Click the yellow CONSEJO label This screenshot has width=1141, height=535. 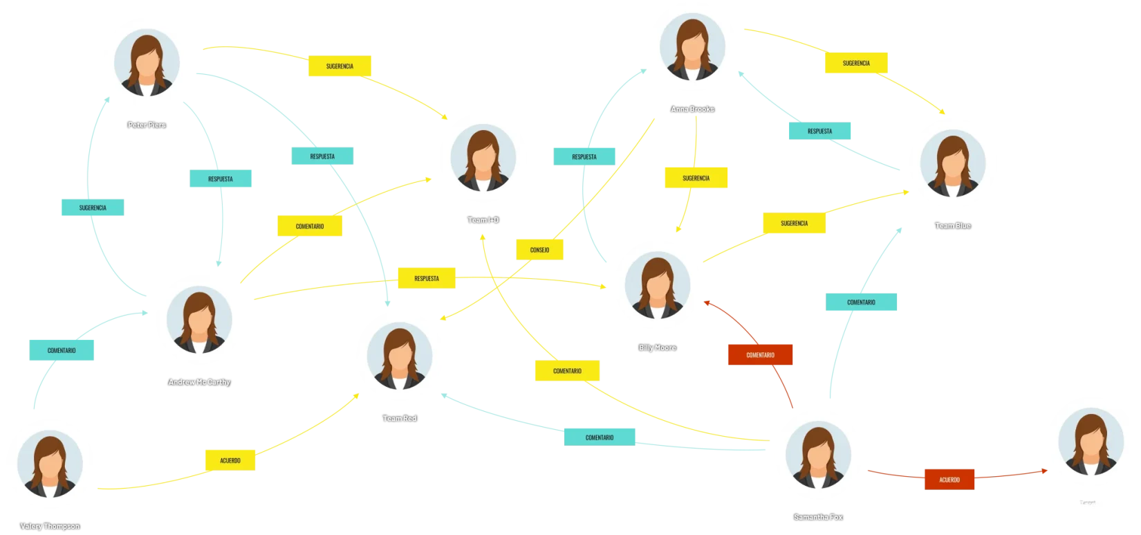coord(539,249)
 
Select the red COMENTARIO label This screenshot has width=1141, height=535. coord(760,355)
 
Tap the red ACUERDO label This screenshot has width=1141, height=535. coord(949,480)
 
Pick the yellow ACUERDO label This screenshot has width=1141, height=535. coord(231,460)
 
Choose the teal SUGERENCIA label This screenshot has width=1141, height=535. coord(93,208)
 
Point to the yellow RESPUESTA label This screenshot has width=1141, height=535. coord(427,278)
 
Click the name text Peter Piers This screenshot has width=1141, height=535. coord(147,125)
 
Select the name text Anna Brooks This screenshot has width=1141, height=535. coord(692,109)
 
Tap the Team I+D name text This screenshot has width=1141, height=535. coord(483,220)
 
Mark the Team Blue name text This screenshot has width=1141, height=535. coord(953,226)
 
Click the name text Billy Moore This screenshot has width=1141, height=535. coord(657,347)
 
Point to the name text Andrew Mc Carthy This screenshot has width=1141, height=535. coord(199,382)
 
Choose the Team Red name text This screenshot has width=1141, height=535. coord(400,419)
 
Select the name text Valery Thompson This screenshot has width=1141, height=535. coord(50,526)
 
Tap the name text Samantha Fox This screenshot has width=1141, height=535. coord(818,517)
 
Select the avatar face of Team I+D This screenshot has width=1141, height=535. coord(483,161)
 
